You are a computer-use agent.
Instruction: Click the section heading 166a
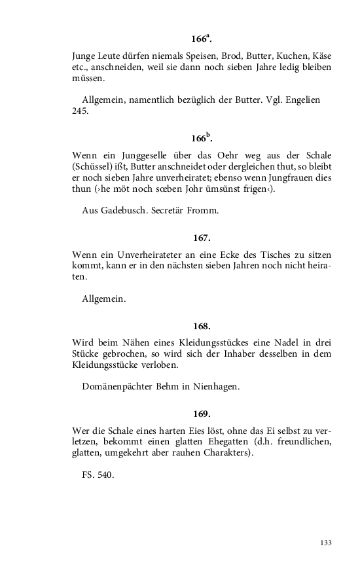pos(202,37)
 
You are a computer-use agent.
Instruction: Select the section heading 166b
pos(202,138)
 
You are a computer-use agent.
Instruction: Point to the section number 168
pos(202,326)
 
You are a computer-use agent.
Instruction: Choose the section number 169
pos(202,414)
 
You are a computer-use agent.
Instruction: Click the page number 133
pos(325,543)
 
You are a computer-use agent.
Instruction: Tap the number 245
pos(79,111)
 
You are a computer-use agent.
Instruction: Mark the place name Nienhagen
pos(215,386)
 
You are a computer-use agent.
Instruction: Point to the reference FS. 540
pos(98,475)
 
